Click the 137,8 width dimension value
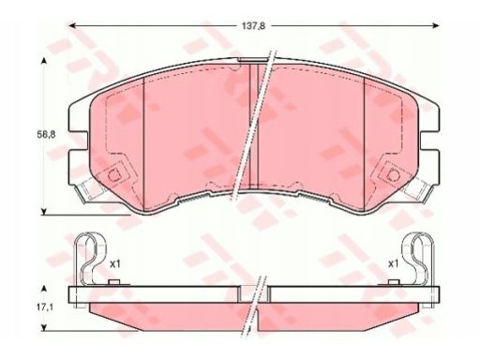253,26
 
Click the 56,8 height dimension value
45,135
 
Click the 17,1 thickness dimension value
45,307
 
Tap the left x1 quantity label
115,264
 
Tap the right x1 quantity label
393,264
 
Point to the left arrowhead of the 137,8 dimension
72,25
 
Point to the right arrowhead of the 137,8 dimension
435,25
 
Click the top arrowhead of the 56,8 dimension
44,61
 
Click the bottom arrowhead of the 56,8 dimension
44,212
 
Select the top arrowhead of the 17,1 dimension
44,288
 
